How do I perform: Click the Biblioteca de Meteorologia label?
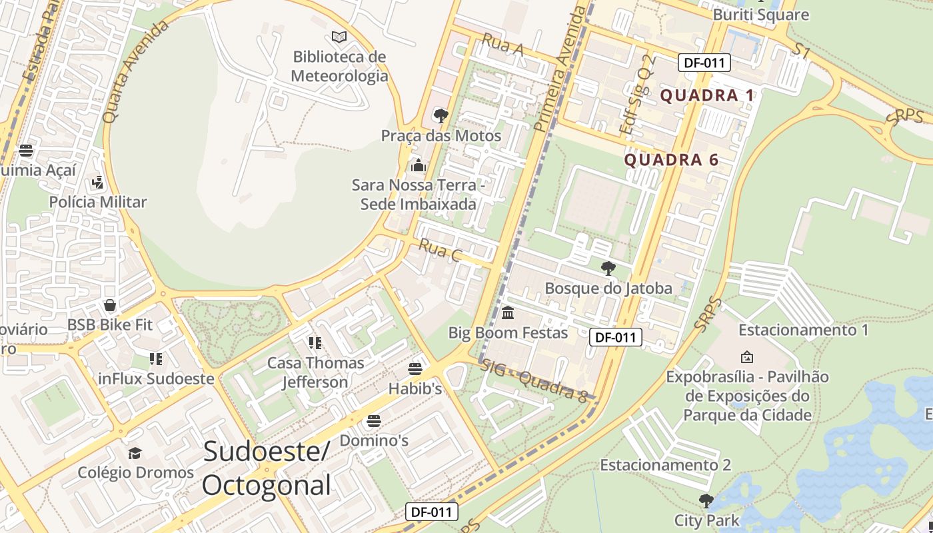coord(340,66)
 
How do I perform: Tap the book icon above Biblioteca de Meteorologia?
coord(339,37)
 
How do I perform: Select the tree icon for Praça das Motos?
coord(441,116)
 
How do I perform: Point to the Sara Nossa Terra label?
coord(419,194)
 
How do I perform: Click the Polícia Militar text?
coord(98,202)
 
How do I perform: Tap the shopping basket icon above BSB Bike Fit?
coord(110,305)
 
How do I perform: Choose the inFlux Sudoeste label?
coord(156,379)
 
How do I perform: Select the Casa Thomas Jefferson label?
coord(315,372)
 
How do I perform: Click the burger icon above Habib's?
coord(415,368)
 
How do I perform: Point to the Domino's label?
coord(374,440)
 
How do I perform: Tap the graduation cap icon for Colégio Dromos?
coord(135,453)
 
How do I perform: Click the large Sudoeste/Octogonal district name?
coord(266,468)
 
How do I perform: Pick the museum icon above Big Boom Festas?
coord(508,312)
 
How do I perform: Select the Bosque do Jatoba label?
coord(608,288)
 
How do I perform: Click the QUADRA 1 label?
coord(707,95)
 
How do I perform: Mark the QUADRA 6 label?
coord(671,160)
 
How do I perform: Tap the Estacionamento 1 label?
coord(804,330)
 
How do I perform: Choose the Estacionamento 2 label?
coord(666,464)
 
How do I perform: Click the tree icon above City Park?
coord(706,500)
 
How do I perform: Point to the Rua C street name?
coord(440,252)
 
